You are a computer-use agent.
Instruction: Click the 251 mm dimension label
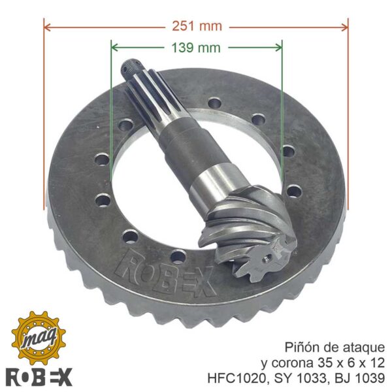(x=197, y=26)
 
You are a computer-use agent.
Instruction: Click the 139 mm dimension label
(x=196, y=48)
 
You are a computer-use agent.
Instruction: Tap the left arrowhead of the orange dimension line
(x=47, y=27)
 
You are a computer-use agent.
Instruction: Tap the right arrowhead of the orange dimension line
(x=344, y=27)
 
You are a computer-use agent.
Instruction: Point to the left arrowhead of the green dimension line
(x=114, y=48)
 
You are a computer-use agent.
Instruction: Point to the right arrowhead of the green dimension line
(x=278, y=48)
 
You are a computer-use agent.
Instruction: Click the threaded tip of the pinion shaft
(x=130, y=66)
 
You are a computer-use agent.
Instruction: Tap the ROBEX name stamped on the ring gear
(x=166, y=271)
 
